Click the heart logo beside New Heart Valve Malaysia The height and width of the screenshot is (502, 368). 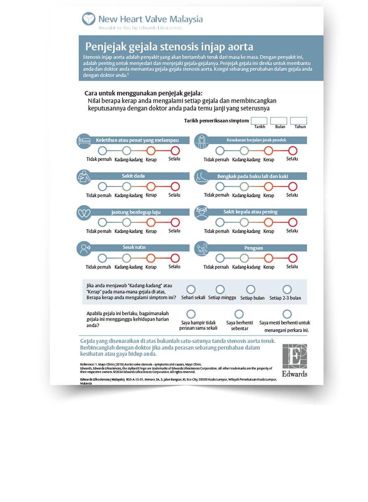click(x=89, y=19)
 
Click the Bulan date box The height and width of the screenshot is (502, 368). click(x=279, y=121)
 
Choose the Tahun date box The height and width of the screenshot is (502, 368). click(x=298, y=121)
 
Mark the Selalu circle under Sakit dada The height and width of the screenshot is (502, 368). click(x=175, y=186)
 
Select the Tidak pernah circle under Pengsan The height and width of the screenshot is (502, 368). click(x=220, y=258)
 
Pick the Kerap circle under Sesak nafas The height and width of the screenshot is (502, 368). click(x=151, y=258)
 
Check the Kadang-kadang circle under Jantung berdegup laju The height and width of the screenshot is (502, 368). click(x=126, y=223)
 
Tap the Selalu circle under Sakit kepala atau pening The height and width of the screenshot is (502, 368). click(x=293, y=223)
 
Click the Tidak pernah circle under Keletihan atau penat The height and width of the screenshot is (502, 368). click(x=102, y=150)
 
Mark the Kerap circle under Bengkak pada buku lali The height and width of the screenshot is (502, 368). click(x=269, y=186)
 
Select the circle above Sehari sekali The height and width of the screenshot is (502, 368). click(x=191, y=289)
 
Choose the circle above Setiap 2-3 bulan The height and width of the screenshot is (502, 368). click(x=287, y=289)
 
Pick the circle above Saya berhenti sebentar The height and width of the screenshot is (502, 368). click(x=239, y=314)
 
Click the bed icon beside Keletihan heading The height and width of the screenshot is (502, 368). click(x=84, y=140)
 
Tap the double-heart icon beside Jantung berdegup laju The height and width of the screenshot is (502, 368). click(x=84, y=213)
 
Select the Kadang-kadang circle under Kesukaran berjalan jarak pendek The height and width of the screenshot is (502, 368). click(x=245, y=150)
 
